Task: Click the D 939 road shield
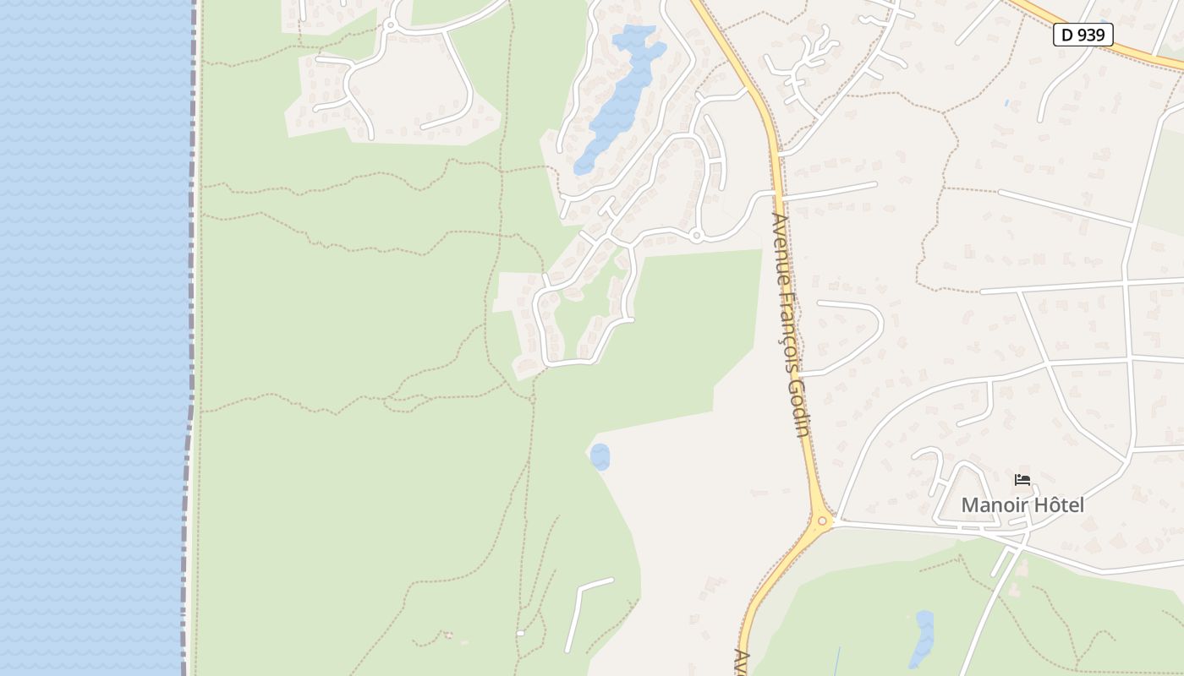[x=1083, y=35]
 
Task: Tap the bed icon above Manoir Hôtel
[x=1022, y=480]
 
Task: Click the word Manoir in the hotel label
[x=995, y=505]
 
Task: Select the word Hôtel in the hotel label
[x=1059, y=505]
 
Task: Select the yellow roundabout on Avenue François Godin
[x=821, y=521]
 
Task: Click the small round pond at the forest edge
[x=600, y=457]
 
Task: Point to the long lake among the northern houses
[x=617, y=97]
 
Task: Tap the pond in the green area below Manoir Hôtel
[x=922, y=638]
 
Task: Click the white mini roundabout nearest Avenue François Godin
[x=696, y=236]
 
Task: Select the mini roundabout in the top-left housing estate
[x=390, y=25]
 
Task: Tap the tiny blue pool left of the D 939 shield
[x=1006, y=103]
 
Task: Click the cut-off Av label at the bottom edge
[x=742, y=662]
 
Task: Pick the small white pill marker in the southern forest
[x=520, y=633]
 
